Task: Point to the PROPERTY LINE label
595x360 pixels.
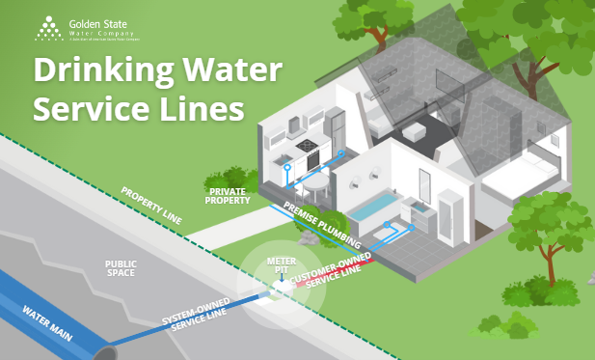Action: point(151,204)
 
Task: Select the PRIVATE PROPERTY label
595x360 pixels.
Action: point(229,196)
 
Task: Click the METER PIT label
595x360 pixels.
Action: point(281,265)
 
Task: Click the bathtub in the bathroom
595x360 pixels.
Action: point(370,208)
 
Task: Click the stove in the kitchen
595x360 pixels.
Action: point(307,149)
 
